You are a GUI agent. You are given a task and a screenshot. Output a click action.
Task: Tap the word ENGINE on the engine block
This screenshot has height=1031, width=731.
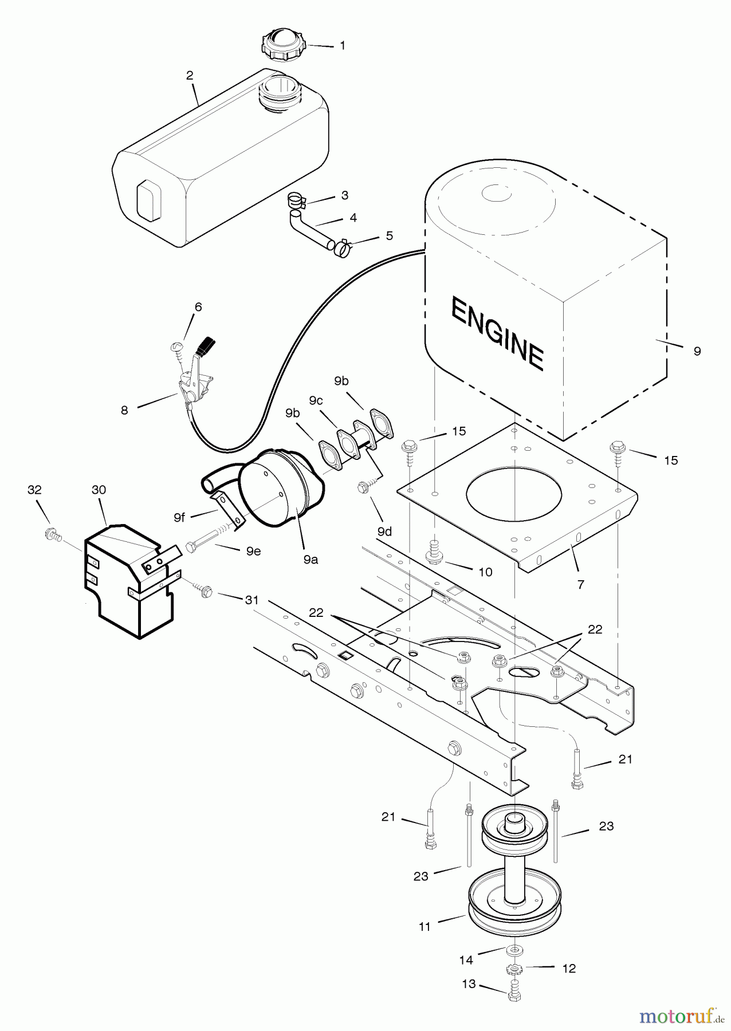coord(497,333)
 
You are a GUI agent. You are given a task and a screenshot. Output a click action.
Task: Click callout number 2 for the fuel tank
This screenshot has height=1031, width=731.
coord(190,76)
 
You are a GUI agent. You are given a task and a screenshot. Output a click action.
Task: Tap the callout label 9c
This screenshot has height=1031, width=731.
coord(316,401)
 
